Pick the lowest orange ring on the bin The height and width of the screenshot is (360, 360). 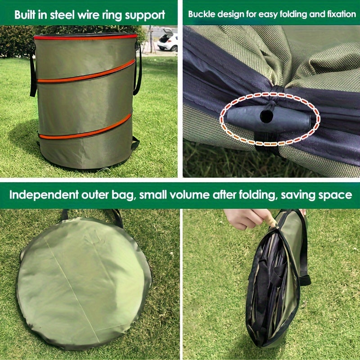click(85, 128)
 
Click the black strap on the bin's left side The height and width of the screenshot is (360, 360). click(32, 72)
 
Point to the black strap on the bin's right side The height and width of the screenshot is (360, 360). click(138, 67)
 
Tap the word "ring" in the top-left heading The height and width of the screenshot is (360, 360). click(112, 14)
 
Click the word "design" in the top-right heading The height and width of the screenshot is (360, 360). click(228, 14)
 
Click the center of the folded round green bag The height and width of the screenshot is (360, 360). click(83, 281)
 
